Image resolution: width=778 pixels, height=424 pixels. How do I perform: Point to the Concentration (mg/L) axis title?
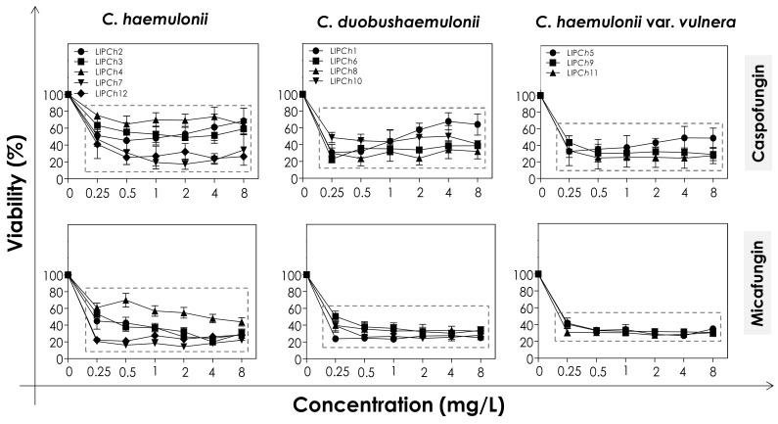(391, 403)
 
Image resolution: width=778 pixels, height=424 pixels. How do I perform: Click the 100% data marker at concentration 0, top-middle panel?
(302, 95)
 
